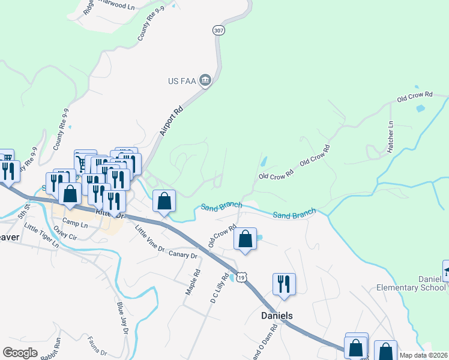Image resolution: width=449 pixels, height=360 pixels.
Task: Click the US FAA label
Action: pyautogui.click(x=182, y=81)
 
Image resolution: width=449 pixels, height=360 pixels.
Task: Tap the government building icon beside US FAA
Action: pyautogui.click(x=206, y=80)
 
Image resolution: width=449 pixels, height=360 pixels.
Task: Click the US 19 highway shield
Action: pyautogui.click(x=241, y=277)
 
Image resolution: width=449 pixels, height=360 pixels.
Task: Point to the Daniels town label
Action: pyautogui.click(x=277, y=315)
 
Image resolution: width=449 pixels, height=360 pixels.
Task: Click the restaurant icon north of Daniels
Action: pyautogui.click(x=284, y=284)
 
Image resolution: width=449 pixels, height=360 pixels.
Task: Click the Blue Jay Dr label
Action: pyautogui.click(x=122, y=325)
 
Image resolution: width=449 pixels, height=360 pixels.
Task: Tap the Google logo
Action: pyautogui.click(x=20, y=353)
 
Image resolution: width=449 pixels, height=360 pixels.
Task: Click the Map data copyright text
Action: pyautogui.click(x=424, y=355)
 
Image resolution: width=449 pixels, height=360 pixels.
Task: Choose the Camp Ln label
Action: pyautogui.click(x=75, y=224)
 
